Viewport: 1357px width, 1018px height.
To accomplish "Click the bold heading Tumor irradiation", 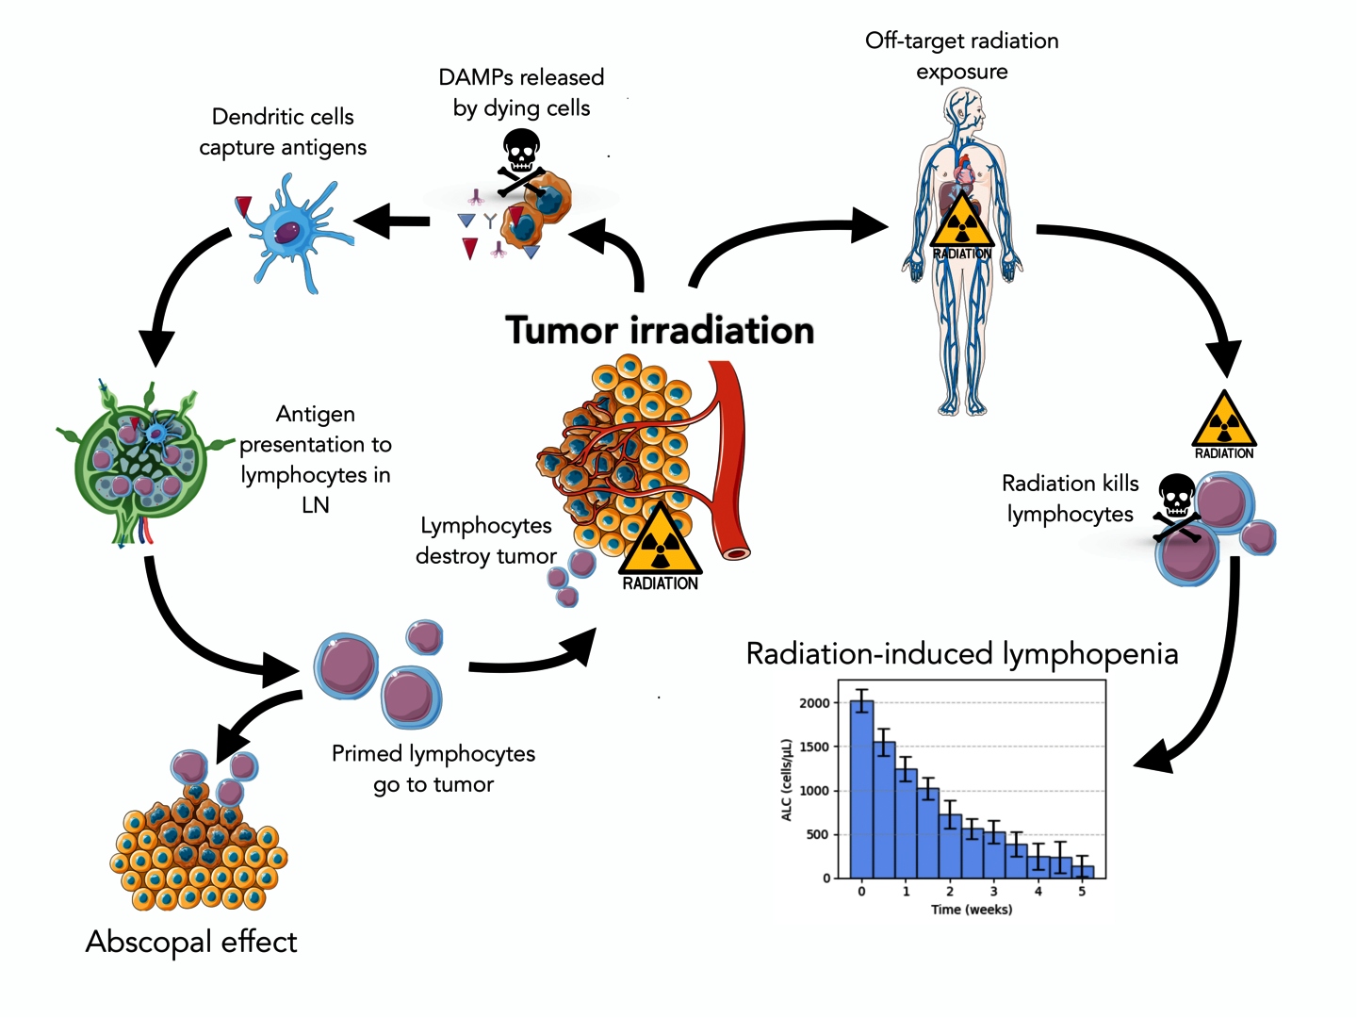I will (660, 331).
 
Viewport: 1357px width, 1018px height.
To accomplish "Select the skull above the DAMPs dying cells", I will (520, 151).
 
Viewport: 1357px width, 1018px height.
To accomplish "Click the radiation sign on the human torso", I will (962, 226).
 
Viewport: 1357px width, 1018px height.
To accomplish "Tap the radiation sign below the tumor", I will (660, 545).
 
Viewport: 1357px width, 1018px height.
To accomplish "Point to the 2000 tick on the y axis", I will (814, 703).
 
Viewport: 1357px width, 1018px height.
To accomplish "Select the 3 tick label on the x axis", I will (993, 892).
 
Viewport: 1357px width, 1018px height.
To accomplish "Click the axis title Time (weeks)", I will (972, 910).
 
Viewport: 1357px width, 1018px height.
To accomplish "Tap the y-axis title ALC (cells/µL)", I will (787, 780).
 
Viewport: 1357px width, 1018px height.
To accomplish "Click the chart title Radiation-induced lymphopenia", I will (961, 654).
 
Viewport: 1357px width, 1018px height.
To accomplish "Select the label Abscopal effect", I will (191, 942).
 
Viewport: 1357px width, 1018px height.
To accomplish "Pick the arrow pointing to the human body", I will (792, 236).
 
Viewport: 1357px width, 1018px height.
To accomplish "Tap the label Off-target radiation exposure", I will (962, 56).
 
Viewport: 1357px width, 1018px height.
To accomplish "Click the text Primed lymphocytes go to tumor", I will (433, 768).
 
